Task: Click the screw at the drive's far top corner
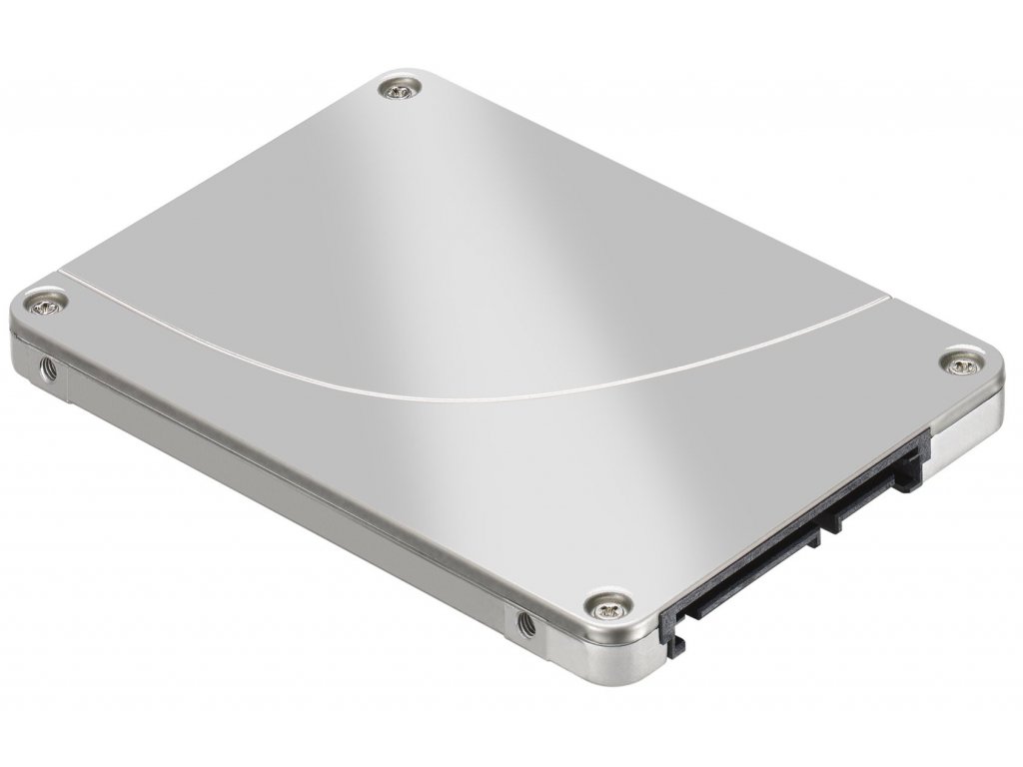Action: coord(401,92)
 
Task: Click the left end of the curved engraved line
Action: coord(62,270)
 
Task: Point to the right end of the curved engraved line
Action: coord(887,296)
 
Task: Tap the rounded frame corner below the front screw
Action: coord(639,664)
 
